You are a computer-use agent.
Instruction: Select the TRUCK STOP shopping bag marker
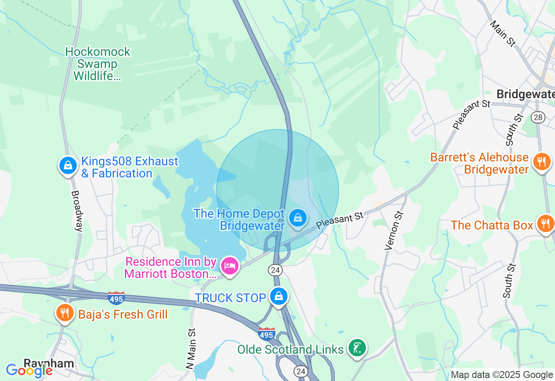coord(279,297)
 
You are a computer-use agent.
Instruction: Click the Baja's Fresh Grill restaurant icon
coord(65,313)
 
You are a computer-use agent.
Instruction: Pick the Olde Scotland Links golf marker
coord(357,348)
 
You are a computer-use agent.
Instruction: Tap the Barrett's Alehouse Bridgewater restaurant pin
coord(542,162)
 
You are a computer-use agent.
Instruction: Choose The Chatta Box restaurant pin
coord(545,224)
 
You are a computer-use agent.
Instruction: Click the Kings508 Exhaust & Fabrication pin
coord(68,165)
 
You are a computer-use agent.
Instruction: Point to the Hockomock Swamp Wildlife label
coord(98,64)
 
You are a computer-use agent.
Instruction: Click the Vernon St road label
coord(394,231)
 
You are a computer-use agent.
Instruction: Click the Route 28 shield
coord(538,117)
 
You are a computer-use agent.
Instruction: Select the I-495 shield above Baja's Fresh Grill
coord(116,298)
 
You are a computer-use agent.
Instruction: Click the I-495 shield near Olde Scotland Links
coord(266,334)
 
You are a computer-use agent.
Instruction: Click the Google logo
coord(29,371)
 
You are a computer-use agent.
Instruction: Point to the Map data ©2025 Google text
coord(502,375)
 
